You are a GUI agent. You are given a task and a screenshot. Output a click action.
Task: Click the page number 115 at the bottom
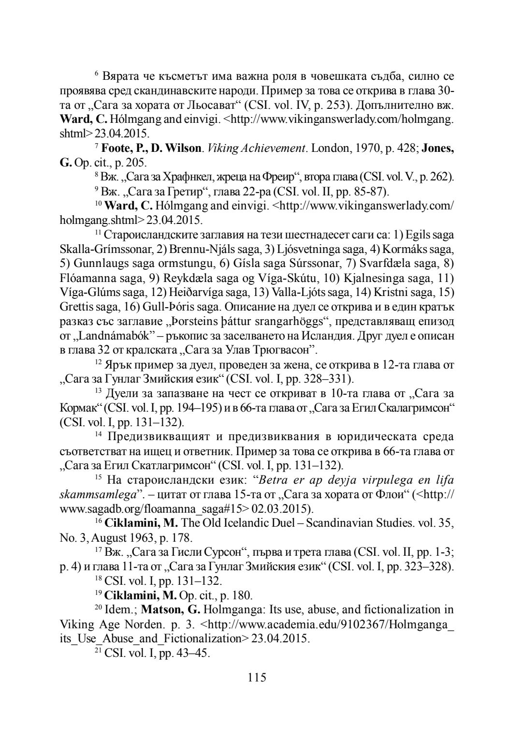point(257,677)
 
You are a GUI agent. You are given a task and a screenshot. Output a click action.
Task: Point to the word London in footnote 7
point(331,148)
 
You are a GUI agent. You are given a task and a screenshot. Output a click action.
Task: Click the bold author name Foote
point(116,148)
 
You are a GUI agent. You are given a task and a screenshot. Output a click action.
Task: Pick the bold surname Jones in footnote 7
point(437,148)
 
